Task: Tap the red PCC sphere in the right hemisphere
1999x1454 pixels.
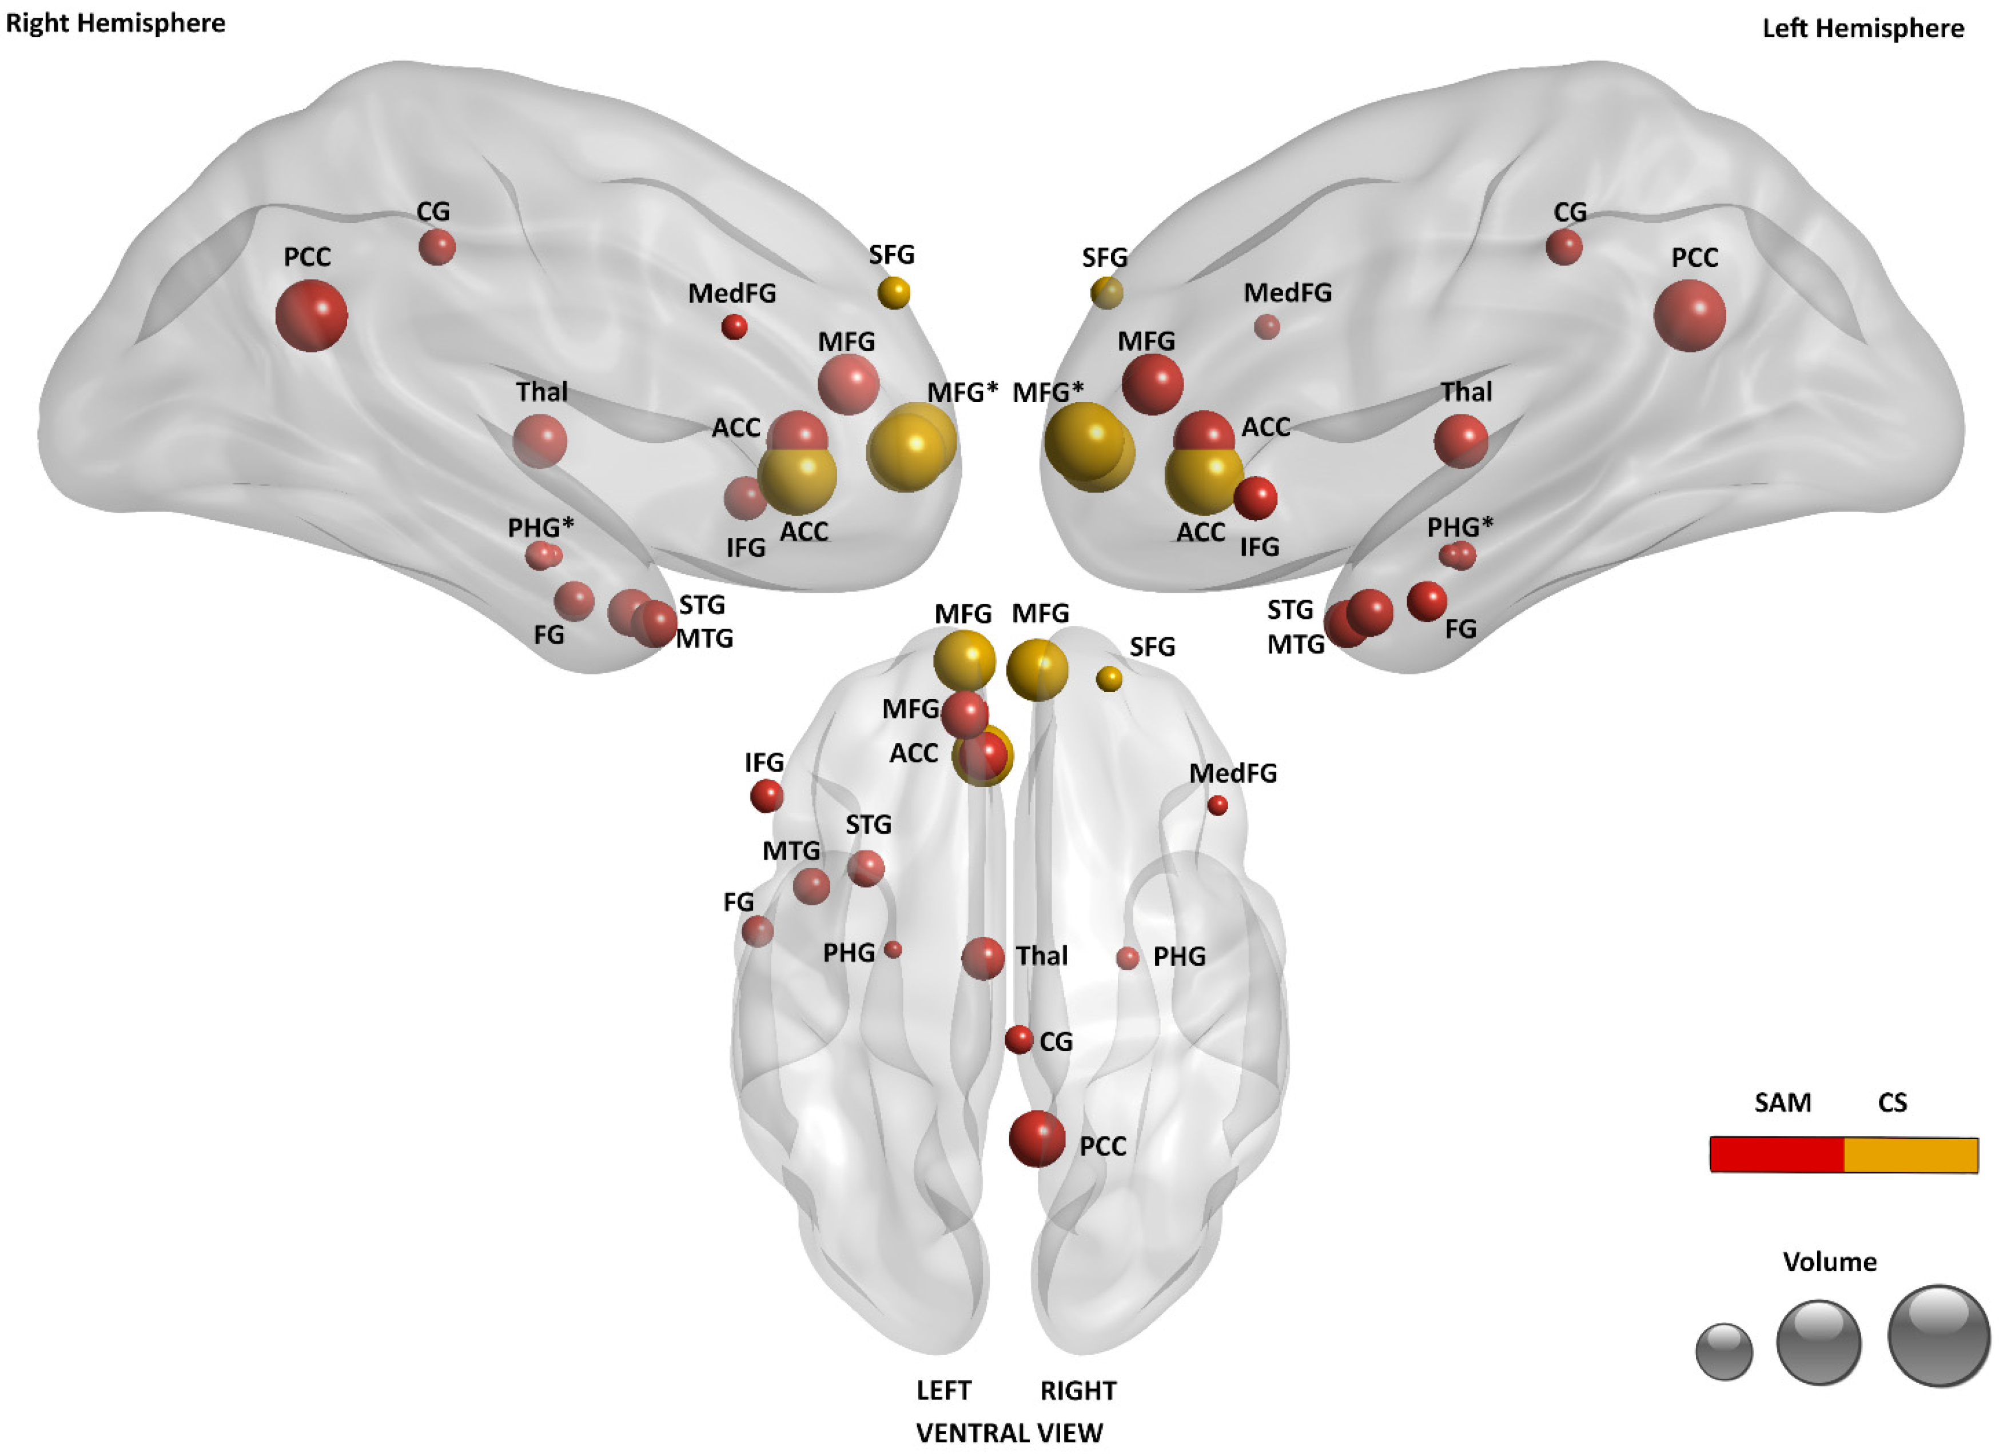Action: (311, 315)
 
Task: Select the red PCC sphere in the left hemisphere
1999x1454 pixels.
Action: (1689, 315)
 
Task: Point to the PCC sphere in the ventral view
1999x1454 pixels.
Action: (1037, 1139)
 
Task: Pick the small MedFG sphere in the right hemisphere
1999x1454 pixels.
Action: (734, 327)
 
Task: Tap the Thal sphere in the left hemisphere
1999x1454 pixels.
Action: (1460, 441)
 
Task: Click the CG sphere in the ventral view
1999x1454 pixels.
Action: (1019, 1040)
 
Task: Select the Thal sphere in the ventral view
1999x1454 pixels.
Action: (983, 958)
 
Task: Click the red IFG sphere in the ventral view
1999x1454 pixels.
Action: (766, 796)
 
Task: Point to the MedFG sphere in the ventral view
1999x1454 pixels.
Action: (1217, 805)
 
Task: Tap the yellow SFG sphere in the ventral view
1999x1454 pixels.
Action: (1109, 678)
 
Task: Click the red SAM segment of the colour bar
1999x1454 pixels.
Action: (1776, 1155)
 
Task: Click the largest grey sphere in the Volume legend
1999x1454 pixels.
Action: (1938, 1336)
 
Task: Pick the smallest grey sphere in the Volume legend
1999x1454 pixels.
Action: (1724, 1351)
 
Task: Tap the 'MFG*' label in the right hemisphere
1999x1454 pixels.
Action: (962, 392)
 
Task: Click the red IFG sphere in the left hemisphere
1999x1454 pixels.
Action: (1255, 498)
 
